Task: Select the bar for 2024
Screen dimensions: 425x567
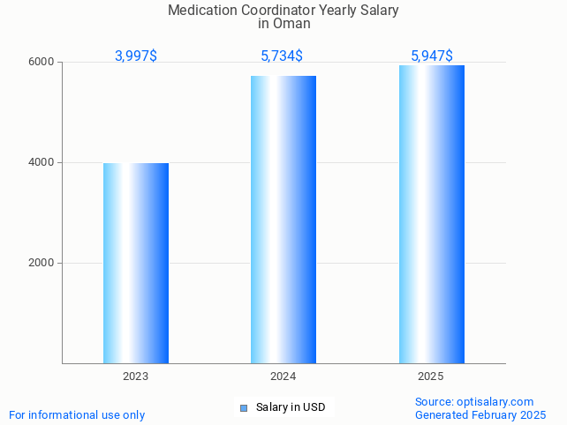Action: coord(283,220)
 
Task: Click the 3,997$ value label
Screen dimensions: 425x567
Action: coord(136,56)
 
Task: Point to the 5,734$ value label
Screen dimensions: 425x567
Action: coord(282,56)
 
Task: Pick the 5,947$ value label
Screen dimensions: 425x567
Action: coord(432,56)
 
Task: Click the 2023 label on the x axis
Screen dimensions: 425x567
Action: coord(135,377)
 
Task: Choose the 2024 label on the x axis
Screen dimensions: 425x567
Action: coord(283,377)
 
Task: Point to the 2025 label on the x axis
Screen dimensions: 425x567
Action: coord(430,377)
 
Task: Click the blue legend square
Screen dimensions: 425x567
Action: coord(244,407)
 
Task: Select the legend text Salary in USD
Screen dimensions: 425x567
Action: coord(291,407)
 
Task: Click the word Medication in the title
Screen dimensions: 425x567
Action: coord(200,11)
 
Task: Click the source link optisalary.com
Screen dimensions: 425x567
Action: coord(495,402)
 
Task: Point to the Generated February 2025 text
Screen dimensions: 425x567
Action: coord(480,415)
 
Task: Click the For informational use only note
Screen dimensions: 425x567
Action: coord(77,415)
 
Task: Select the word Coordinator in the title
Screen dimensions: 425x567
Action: coord(276,11)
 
